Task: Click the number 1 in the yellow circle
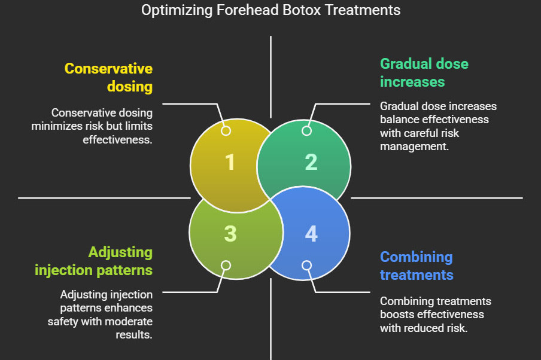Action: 230,162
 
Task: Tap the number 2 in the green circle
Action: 311,162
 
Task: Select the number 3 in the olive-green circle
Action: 230,233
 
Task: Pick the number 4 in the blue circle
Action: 311,233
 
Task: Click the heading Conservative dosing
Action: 108,77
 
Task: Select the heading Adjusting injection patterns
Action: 94,261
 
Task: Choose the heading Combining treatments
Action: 417,266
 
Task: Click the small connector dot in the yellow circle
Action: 226,130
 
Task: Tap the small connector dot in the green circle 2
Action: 306,130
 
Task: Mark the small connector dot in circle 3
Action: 226,265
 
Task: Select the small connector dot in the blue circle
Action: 306,265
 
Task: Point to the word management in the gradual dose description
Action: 414,145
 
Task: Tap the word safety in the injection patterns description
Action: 63,321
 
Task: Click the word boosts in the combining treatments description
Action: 395,314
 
